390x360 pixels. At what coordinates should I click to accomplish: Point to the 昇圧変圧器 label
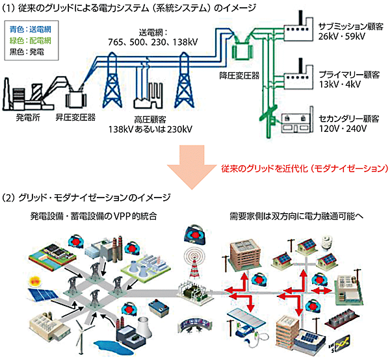pos(74,118)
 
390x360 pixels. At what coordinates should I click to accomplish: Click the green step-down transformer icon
pos(244,49)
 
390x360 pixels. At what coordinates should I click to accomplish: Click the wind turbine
pos(80,331)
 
